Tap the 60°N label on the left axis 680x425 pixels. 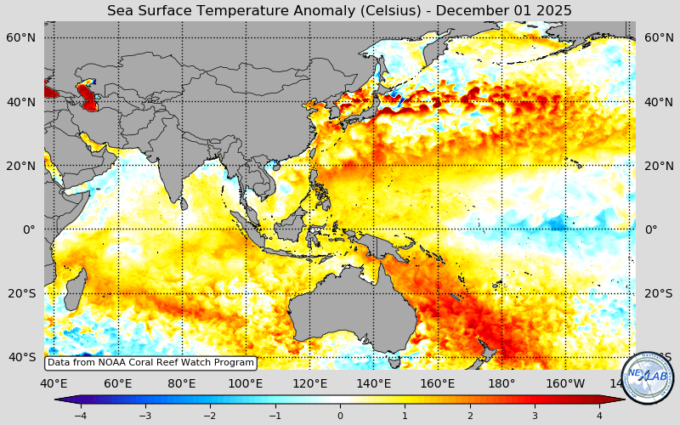click(x=21, y=38)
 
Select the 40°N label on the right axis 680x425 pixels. click(x=659, y=102)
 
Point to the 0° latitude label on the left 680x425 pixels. click(x=29, y=229)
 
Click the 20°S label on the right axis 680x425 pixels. click(x=659, y=293)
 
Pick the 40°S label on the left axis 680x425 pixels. click(x=21, y=357)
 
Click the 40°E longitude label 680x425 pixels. click(x=54, y=383)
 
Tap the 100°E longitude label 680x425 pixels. click(x=246, y=383)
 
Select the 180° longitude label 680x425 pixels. click(x=501, y=383)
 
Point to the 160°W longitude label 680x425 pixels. click(x=566, y=383)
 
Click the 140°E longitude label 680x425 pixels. click(x=374, y=383)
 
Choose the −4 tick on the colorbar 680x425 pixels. click(x=80, y=416)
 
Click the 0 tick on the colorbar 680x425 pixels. click(x=340, y=416)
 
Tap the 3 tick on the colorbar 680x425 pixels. click(x=535, y=416)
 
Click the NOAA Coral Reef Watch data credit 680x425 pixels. click(x=150, y=362)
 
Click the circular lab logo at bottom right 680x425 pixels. click(x=648, y=377)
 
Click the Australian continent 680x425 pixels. click(x=348, y=314)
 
